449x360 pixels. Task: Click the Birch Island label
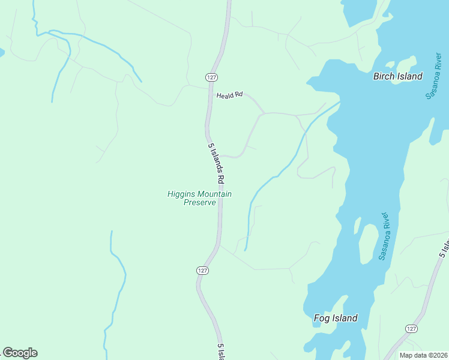[x=397, y=76]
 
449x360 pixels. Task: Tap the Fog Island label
[x=336, y=318]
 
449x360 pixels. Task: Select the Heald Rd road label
[x=229, y=95]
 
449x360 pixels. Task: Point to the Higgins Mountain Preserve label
[x=199, y=198]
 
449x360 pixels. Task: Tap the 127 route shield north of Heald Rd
[x=211, y=77]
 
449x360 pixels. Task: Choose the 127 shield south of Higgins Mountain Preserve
[x=202, y=271]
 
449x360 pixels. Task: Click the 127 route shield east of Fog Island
[x=411, y=329]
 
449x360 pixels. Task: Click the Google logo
[x=20, y=353]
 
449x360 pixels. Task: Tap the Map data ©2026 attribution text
[x=423, y=355]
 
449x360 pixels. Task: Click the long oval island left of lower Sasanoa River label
[x=366, y=245]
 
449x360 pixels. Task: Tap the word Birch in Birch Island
[x=385, y=76]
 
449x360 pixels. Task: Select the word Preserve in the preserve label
[x=199, y=202]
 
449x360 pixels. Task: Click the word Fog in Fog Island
[x=322, y=318]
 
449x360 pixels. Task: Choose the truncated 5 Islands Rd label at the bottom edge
[x=221, y=353]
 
